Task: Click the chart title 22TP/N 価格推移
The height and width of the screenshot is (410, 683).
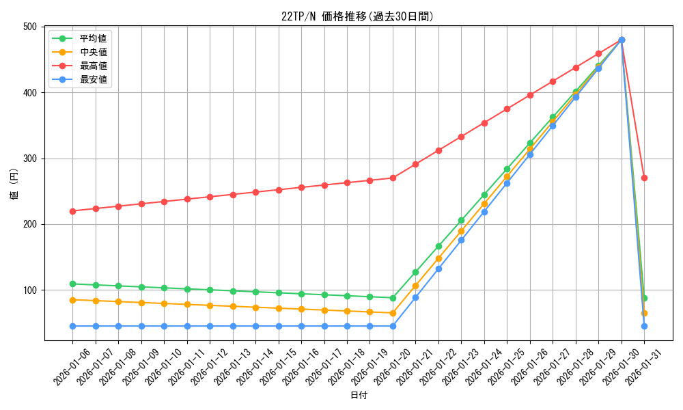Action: point(357,16)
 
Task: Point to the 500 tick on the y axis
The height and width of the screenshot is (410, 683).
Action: point(30,27)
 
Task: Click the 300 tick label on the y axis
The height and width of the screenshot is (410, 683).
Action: point(30,159)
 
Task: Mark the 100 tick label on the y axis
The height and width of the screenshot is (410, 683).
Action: point(30,290)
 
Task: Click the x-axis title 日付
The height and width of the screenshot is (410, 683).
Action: point(359,396)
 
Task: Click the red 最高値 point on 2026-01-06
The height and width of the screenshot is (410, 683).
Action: point(72,211)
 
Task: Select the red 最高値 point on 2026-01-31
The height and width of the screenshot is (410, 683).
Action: point(644,178)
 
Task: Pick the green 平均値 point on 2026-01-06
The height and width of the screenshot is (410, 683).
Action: point(72,284)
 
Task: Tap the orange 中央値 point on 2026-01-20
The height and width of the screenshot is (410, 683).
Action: point(393,313)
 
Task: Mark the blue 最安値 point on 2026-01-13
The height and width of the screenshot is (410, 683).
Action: point(233,326)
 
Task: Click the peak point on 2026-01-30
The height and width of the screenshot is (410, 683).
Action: point(622,40)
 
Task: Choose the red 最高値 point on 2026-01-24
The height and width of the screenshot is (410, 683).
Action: point(484,123)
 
